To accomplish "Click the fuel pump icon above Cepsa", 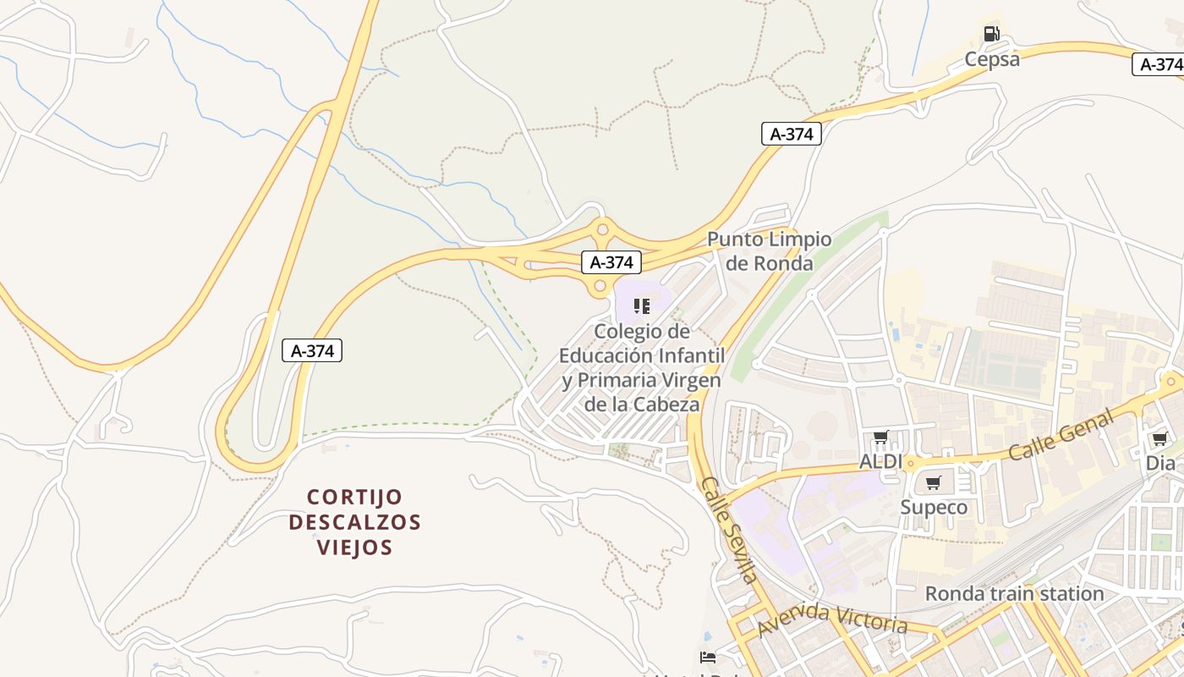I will tap(991, 34).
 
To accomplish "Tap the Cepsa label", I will tap(992, 59).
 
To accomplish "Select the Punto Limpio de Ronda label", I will tap(770, 251).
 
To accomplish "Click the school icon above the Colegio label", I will tap(642, 305).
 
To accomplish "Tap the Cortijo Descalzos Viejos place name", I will tap(354, 521).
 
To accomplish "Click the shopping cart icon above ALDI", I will tap(880, 438).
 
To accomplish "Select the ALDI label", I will tap(880, 462).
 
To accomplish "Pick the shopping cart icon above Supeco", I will tap(933, 482).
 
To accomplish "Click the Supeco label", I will tap(934, 508).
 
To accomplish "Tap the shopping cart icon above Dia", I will tap(1159, 438).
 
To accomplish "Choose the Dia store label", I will tap(1160, 464).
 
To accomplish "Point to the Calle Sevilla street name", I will tap(728, 530).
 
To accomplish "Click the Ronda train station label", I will tap(1014, 594).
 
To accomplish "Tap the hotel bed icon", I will tap(708, 658).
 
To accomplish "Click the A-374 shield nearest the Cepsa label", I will tap(1158, 64).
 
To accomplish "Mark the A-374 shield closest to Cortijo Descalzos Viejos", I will tap(313, 350).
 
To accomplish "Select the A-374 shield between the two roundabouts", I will tap(611, 262).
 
